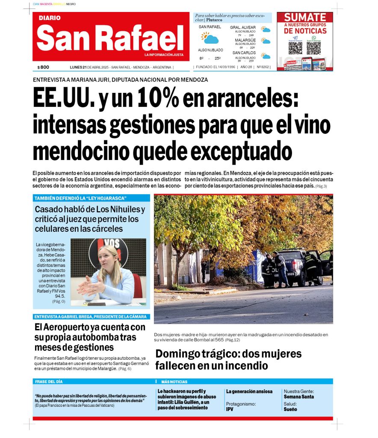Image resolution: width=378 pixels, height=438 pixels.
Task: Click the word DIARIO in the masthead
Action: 50,18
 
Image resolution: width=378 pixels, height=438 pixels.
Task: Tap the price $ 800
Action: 43,67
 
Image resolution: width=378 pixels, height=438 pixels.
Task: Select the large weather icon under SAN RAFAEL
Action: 210,38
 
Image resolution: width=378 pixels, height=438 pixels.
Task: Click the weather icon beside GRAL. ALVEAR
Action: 266,30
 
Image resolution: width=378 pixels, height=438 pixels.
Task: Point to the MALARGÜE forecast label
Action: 245,40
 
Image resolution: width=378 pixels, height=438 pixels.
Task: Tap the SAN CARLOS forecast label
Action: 244,53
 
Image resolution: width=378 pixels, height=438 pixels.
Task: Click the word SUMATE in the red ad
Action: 305,18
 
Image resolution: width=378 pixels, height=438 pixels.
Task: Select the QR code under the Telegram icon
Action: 295,48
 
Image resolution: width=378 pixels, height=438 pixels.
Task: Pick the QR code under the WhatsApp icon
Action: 313,48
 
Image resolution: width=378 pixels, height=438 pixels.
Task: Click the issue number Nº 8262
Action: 263,67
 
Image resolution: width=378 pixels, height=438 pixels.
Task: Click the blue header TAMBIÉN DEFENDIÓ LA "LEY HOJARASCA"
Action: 80,198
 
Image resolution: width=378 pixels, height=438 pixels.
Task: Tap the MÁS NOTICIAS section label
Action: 174,382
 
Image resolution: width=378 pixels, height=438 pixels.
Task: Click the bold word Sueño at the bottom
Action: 290,409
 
